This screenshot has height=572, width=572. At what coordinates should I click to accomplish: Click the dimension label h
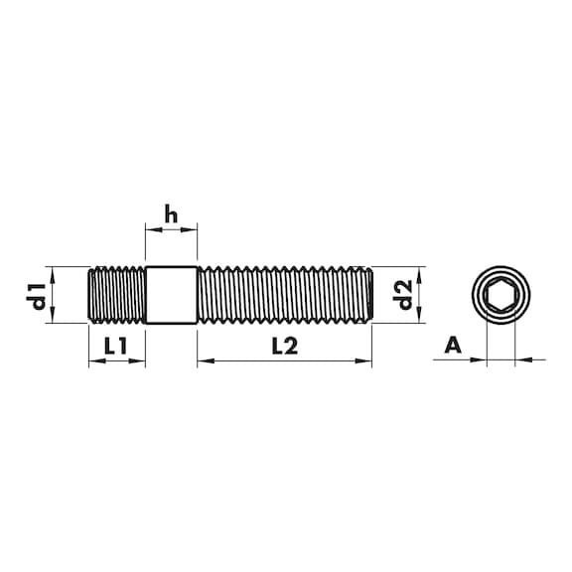tap(171, 214)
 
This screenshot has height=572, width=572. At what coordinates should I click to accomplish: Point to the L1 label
tap(115, 346)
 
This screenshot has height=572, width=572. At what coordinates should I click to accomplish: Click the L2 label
tap(285, 346)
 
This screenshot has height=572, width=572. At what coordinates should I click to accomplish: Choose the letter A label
tap(453, 346)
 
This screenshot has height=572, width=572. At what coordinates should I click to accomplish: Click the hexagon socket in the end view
tap(500, 294)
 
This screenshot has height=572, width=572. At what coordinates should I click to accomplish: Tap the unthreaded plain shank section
tap(171, 295)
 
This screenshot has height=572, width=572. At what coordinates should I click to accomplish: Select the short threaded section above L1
tap(117, 295)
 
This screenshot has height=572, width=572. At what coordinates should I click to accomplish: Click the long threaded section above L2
tap(285, 295)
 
